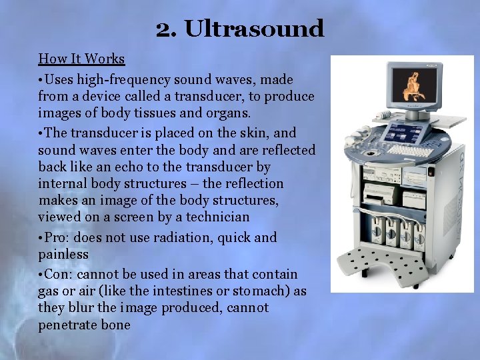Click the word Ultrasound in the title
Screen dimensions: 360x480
pos(254,29)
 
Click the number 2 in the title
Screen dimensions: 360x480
pos(163,29)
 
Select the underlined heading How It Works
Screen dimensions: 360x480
pos(81,59)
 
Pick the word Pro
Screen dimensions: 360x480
pos(57,237)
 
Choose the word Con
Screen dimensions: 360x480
pos(58,274)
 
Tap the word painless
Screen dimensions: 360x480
pos(63,254)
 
